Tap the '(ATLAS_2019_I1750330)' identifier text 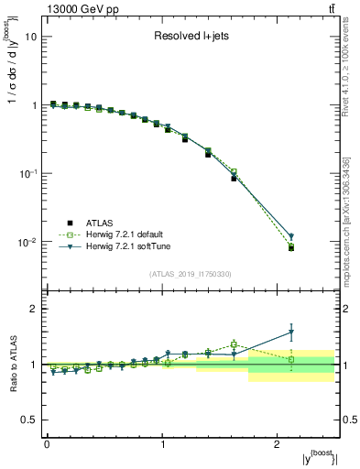pyautogui.click(x=191, y=274)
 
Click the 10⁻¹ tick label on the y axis pyautogui.click(x=27, y=174)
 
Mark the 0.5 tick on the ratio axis pyautogui.click(x=28, y=420)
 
